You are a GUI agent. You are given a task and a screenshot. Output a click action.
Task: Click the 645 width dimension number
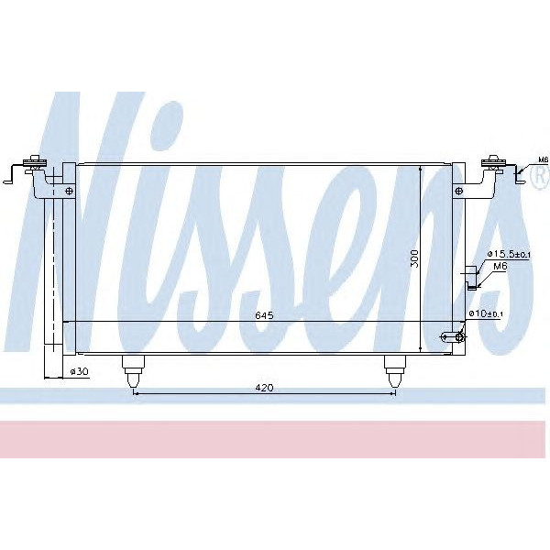pos(264,315)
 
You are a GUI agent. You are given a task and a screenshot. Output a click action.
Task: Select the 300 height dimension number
pos(414,259)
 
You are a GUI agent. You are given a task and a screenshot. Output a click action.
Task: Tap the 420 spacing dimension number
pos(264,388)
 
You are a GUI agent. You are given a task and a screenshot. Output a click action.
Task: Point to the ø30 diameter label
pos(79,372)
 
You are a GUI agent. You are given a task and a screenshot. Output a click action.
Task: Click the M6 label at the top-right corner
pos(542,160)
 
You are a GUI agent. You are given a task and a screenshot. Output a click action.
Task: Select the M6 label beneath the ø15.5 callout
pos(500,266)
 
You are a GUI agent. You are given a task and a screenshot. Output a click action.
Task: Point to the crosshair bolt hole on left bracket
pos(70,192)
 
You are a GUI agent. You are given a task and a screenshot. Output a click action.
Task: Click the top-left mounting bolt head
pos(37,163)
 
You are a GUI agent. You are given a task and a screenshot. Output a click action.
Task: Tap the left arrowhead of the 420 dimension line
pos(137,394)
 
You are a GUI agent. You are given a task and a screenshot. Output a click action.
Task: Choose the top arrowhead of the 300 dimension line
pos(421,170)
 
